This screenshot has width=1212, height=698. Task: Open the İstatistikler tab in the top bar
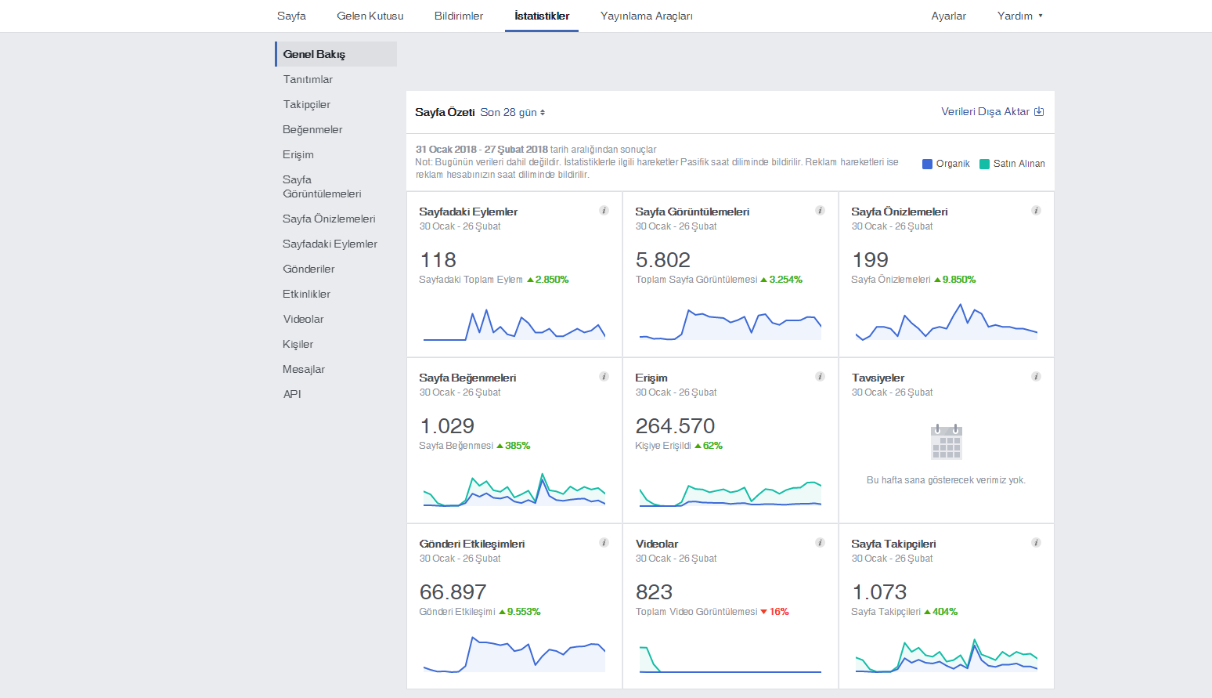tap(542, 16)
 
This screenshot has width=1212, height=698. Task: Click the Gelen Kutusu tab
tap(370, 16)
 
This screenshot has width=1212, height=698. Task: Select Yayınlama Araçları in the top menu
tap(647, 16)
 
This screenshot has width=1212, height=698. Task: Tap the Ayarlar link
tap(948, 16)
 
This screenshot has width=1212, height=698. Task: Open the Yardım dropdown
tap(1019, 16)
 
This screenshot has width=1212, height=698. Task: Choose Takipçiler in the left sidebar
tap(306, 104)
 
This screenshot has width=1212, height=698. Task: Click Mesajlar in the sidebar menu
tap(304, 369)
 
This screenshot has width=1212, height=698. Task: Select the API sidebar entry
tap(291, 394)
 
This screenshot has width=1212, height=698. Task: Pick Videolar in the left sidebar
tap(303, 319)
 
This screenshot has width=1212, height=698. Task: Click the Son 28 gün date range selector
tap(512, 113)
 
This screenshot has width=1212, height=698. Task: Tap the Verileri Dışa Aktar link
tap(992, 111)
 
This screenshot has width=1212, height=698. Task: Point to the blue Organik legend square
tap(927, 164)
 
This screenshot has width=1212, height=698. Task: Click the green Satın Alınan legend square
tap(984, 164)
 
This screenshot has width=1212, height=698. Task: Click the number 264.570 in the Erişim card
tap(675, 426)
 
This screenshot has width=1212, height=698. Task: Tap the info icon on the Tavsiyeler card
tap(1036, 377)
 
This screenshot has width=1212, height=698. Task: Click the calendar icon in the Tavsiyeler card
tap(947, 441)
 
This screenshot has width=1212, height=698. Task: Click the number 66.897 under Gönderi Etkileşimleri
tap(453, 592)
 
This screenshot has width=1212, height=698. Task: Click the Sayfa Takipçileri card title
tap(893, 544)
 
